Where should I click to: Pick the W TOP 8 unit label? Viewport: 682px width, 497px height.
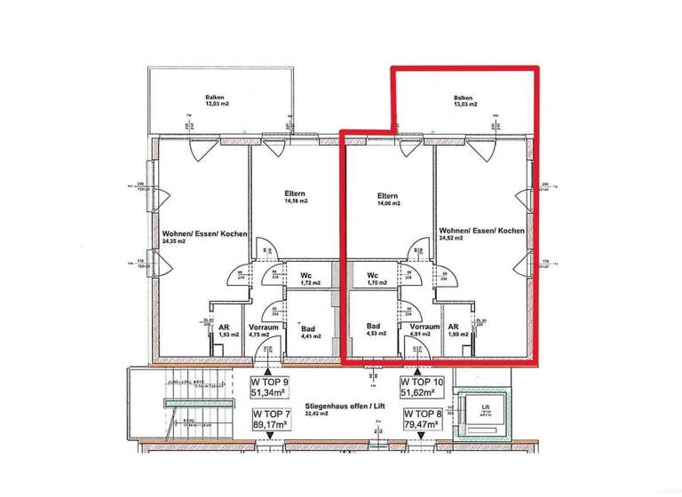423,420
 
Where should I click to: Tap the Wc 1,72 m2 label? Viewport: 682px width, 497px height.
305,279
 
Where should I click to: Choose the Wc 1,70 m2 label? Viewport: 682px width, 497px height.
377,279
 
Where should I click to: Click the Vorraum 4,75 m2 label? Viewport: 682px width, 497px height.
265,330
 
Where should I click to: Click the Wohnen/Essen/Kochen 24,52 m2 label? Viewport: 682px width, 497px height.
480,234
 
